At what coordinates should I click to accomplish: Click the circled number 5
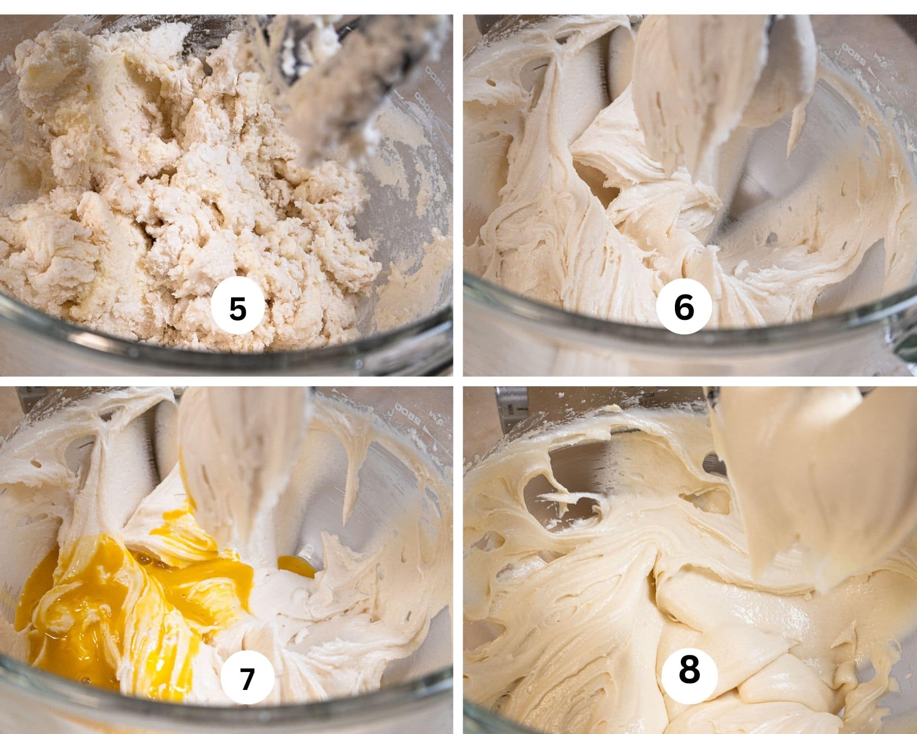[238, 308]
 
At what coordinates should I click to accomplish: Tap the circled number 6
[684, 308]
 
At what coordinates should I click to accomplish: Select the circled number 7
[247, 679]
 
